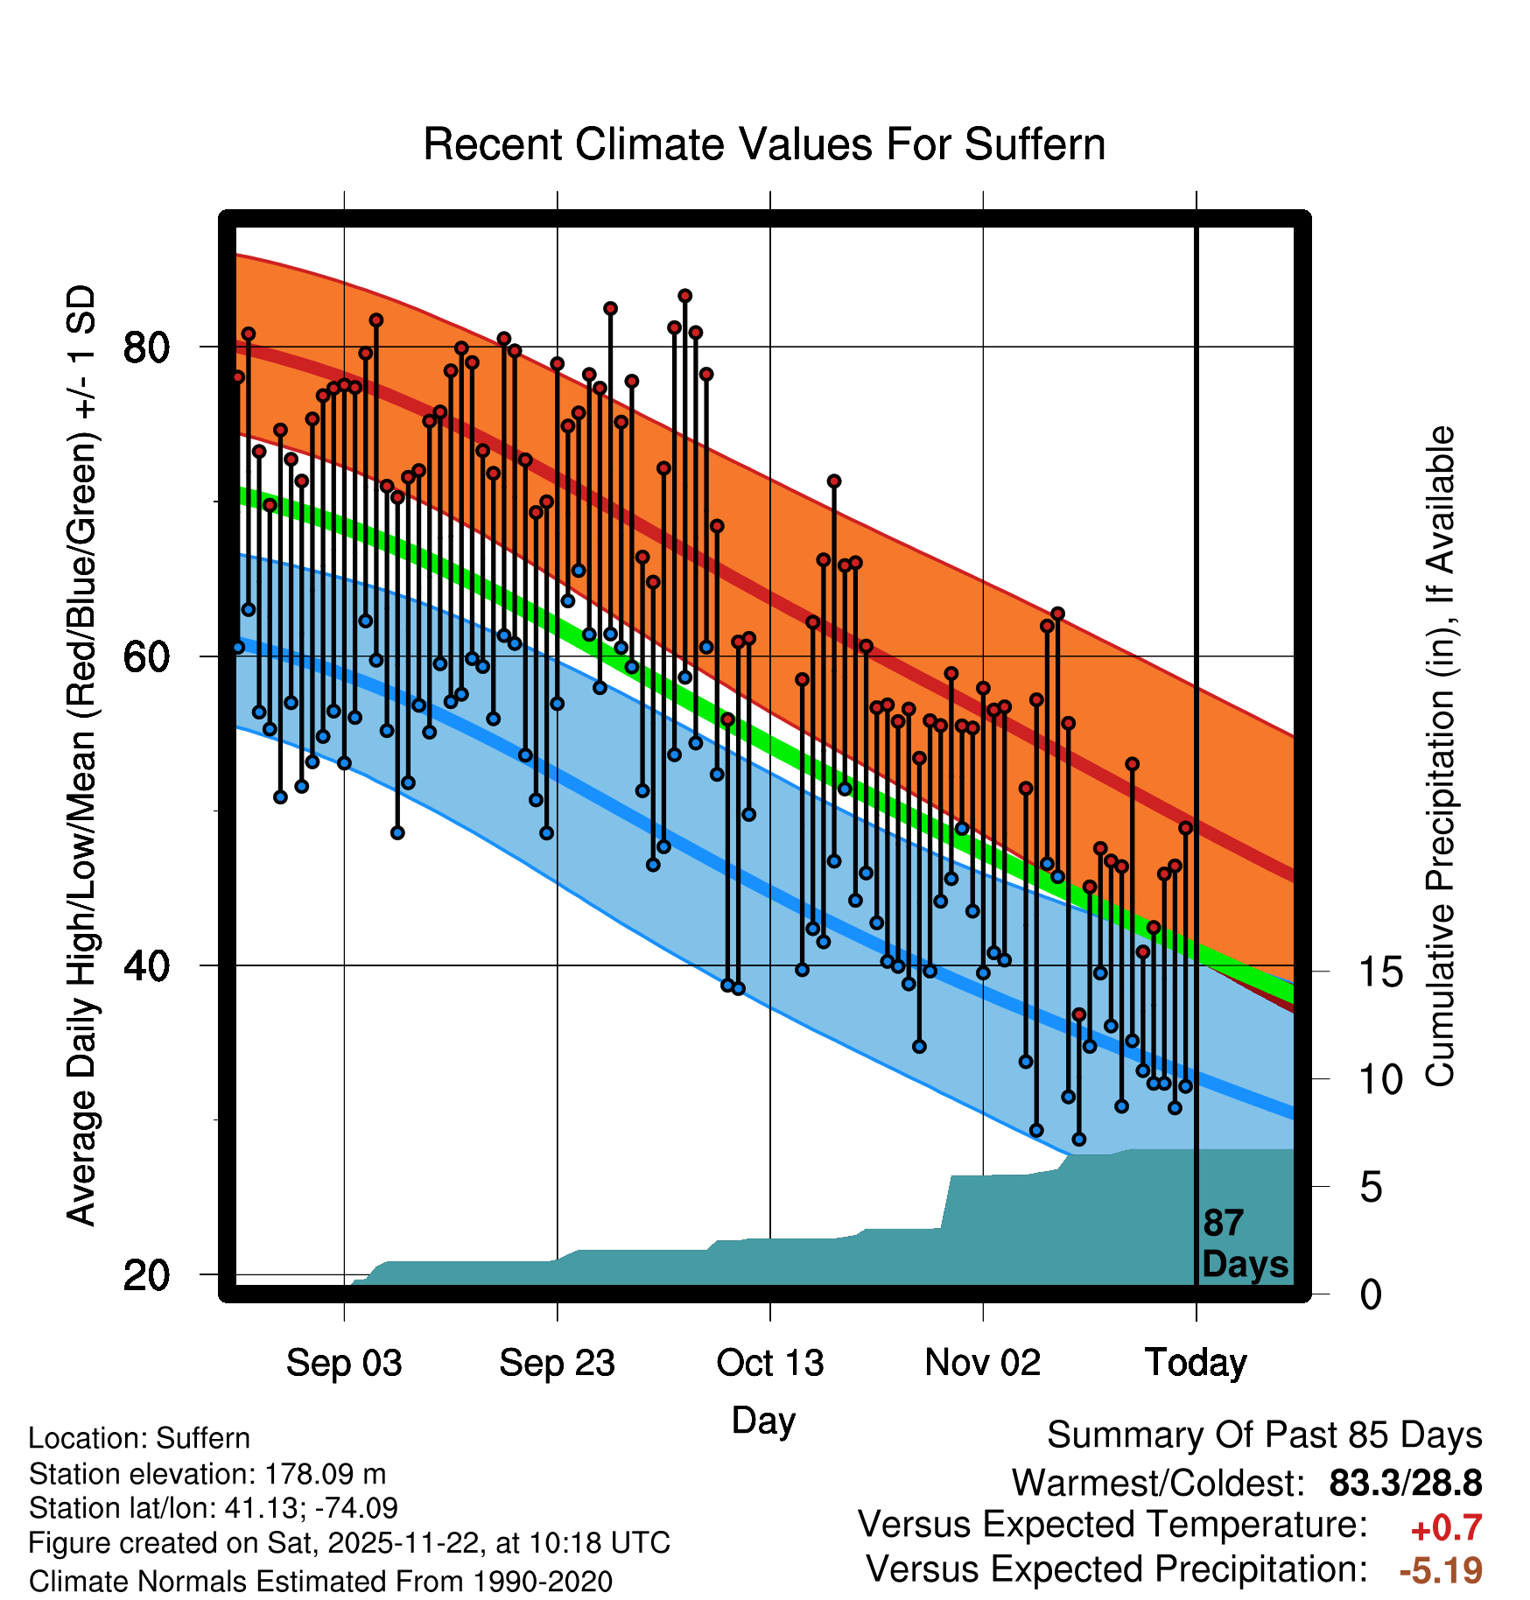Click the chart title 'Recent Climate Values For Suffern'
coord(764,144)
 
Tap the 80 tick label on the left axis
coord(146,347)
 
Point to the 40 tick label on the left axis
coord(146,965)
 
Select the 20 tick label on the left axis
coord(146,1275)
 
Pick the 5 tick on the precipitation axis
coord(1372,1188)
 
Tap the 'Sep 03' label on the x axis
coord(344,1363)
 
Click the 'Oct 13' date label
coord(770,1363)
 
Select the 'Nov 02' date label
coord(983,1363)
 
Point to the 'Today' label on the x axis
coord(1196,1363)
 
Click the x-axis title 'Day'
coord(763,1420)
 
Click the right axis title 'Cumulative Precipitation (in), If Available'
coord(1440,757)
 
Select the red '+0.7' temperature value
coord(1446,1528)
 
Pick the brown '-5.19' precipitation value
coord(1441,1570)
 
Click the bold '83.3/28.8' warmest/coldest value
coord(1405,1483)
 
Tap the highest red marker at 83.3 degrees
coord(685,296)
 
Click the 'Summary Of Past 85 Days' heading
coord(1264,1435)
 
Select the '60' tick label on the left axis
coord(146,656)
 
